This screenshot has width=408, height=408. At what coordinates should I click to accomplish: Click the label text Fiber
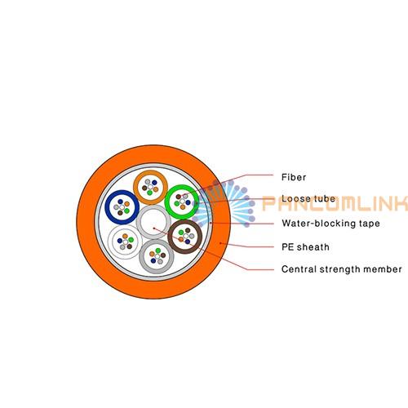tap(294, 177)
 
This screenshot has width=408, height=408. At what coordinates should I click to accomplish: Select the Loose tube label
tap(308, 198)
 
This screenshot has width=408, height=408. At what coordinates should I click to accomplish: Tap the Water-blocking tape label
tap(330, 224)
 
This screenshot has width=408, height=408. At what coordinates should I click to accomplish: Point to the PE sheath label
tap(305, 247)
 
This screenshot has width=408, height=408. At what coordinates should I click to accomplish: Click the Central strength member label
tap(342, 269)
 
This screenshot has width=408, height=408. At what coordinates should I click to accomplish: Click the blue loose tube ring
tap(108, 207)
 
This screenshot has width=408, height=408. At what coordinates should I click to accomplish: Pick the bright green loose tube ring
tap(167, 202)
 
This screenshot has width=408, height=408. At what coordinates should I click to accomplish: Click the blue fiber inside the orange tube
tap(154, 183)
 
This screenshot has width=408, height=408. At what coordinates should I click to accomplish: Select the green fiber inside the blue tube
tap(126, 211)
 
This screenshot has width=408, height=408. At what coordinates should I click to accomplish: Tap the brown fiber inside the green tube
tap(178, 197)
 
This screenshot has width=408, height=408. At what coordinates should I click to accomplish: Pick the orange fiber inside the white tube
tap(125, 236)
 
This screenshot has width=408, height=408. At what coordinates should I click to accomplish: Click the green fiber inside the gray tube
tap(158, 251)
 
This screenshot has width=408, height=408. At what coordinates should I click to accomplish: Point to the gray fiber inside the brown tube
tap(192, 236)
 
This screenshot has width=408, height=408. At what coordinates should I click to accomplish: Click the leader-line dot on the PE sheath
tap(220, 243)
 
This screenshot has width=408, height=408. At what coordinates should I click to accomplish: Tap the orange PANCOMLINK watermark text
tap(335, 203)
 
